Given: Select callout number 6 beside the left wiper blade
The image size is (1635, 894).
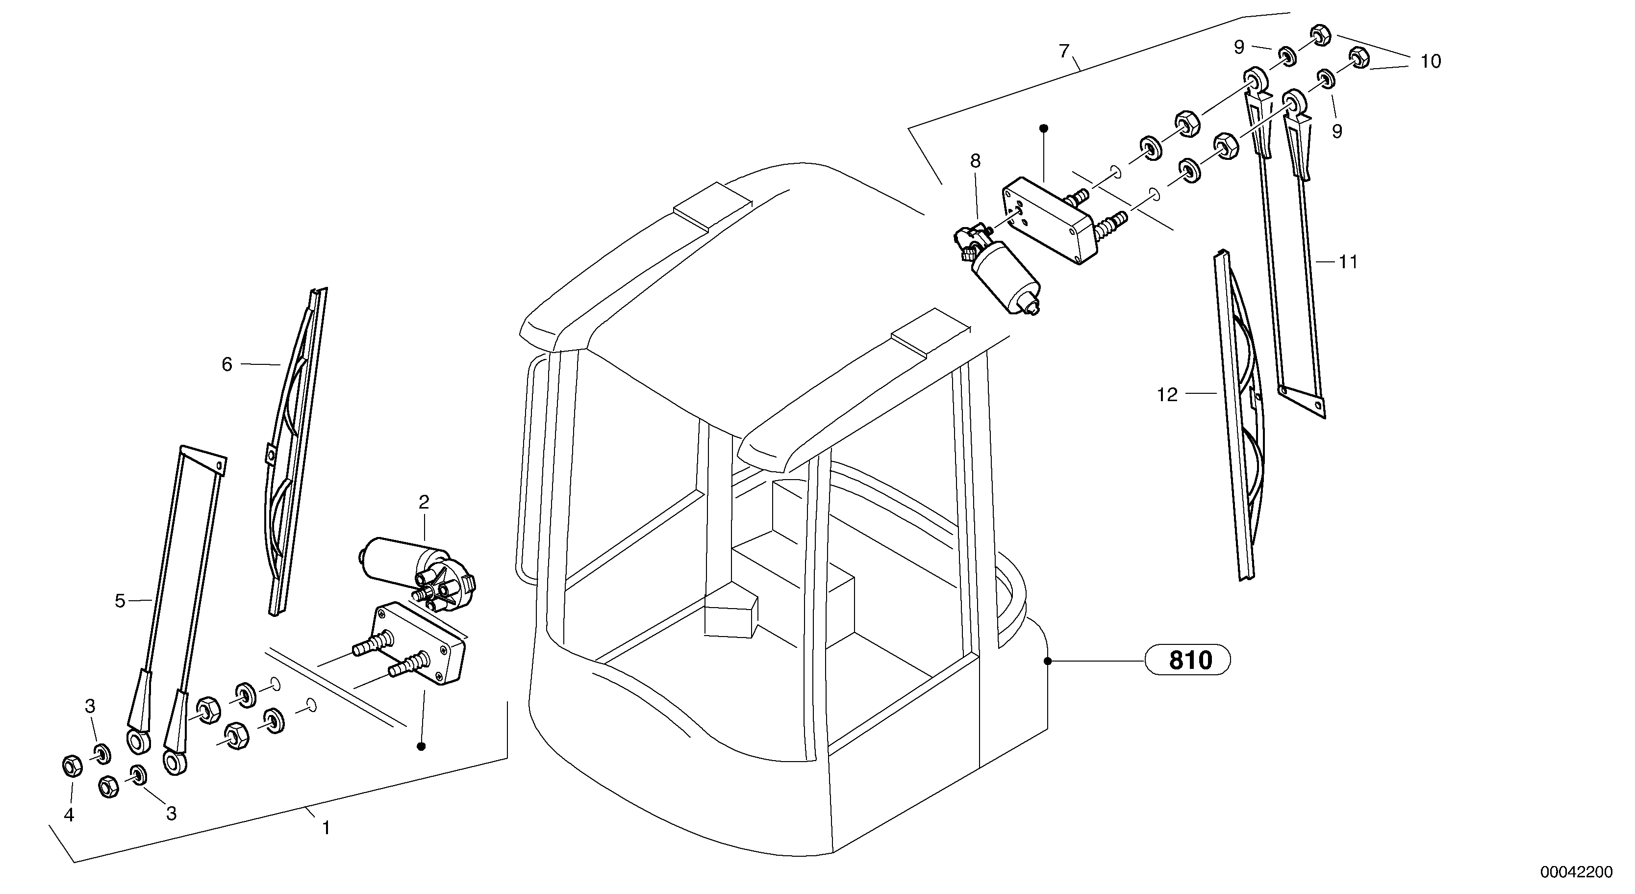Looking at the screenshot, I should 227,364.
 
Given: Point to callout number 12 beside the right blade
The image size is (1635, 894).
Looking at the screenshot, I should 1167,395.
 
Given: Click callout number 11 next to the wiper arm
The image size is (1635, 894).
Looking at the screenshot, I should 1348,261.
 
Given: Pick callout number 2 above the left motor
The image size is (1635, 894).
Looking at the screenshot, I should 424,503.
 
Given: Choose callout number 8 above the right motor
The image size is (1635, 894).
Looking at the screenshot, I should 975,161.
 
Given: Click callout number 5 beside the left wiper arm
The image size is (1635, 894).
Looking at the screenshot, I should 121,601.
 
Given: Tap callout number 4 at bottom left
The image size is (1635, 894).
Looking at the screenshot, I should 69,815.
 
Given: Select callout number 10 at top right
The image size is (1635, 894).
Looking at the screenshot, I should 1431,62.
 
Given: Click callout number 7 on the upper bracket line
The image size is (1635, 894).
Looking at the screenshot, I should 1064,51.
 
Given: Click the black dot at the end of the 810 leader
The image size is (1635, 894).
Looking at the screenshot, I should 1047,662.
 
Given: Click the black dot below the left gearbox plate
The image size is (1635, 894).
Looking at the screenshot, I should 421,746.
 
